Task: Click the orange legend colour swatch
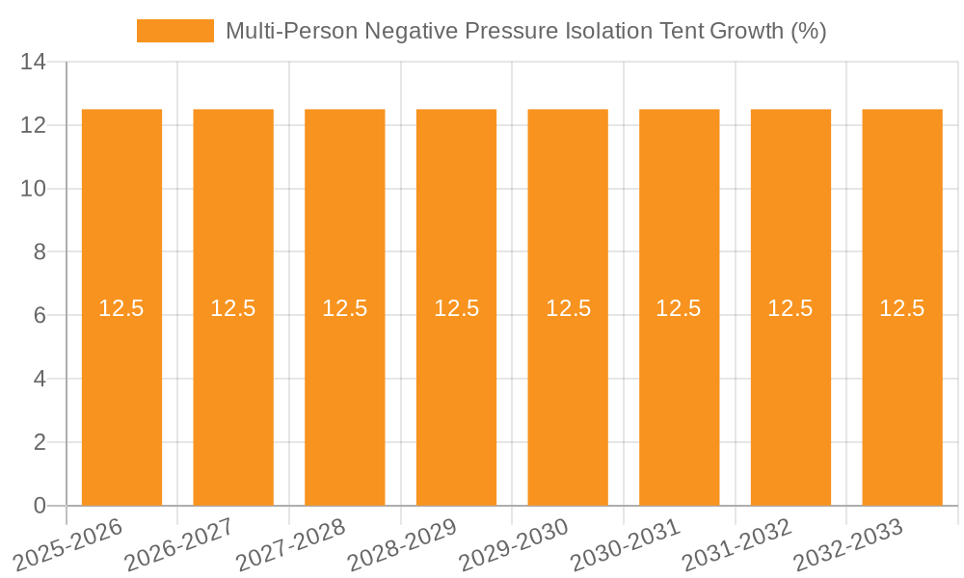tap(174, 31)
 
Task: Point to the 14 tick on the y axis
tap(34, 63)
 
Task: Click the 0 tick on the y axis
tap(40, 506)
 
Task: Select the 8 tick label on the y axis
tap(40, 252)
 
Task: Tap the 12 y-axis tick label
tap(34, 125)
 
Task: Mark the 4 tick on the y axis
tap(40, 380)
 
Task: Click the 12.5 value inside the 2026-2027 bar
tap(233, 308)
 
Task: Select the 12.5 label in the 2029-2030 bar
tap(568, 308)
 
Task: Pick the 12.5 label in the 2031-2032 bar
tap(790, 308)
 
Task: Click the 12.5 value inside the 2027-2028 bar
tap(345, 308)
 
